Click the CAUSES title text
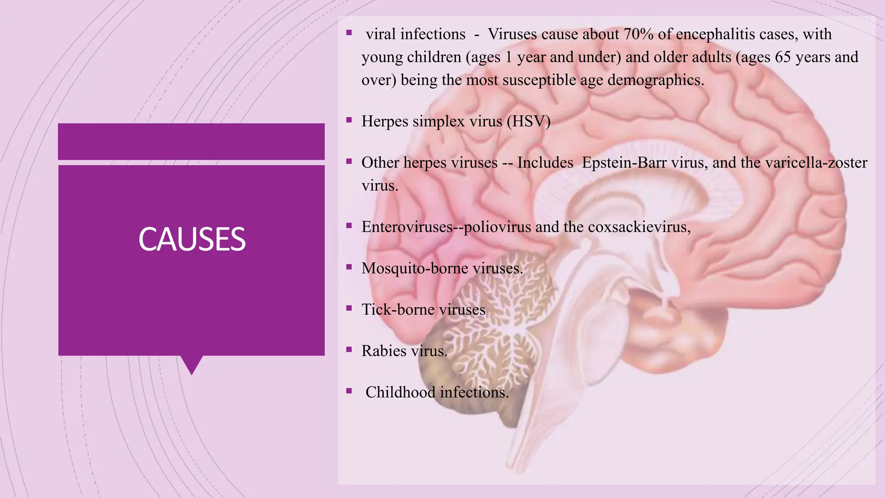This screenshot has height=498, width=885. (192, 239)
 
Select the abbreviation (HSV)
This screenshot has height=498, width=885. (528, 121)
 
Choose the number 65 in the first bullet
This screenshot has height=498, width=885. (783, 57)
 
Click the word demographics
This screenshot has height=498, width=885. (655, 80)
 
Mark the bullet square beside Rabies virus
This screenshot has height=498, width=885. (349, 349)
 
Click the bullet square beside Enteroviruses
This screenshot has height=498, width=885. (349, 225)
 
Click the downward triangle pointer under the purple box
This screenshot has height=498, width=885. (191, 364)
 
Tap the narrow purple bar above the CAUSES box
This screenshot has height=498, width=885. (191, 141)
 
